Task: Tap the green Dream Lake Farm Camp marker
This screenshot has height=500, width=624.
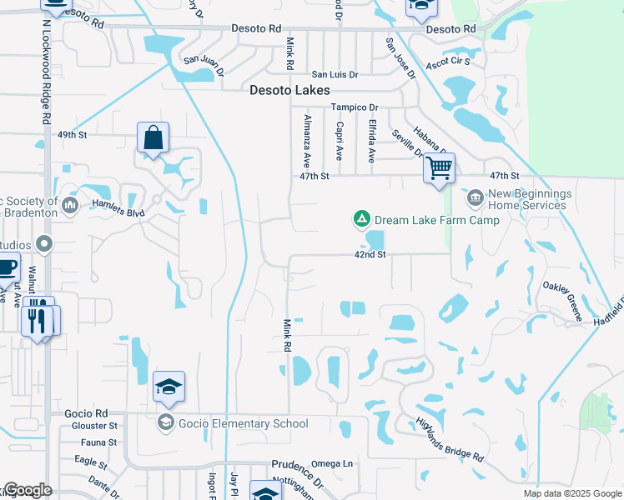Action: [x=361, y=220]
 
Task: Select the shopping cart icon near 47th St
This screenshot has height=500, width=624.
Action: [x=439, y=168]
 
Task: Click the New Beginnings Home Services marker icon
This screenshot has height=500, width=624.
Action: [x=475, y=198]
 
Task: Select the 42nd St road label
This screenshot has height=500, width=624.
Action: [x=370, y=255]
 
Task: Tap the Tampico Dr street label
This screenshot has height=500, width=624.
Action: [x=354, y=107]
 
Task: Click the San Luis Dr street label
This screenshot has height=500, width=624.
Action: [x=335, y=75]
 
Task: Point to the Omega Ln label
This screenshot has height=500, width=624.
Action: [x=332, y=463]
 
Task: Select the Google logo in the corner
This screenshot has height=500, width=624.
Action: [x=27, y=490]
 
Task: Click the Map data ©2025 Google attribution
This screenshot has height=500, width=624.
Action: [x=571, y=493]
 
